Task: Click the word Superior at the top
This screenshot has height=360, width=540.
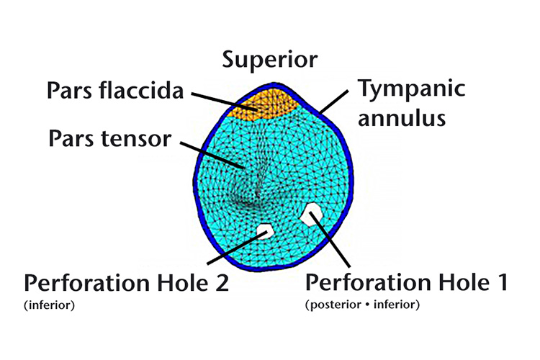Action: pos(269,59)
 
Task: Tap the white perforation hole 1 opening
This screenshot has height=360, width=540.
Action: pos(311,213)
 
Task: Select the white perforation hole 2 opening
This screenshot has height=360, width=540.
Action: pos(264,231)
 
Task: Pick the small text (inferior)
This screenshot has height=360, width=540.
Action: pos(50,305)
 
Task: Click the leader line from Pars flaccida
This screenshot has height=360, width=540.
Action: pos(216,100)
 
